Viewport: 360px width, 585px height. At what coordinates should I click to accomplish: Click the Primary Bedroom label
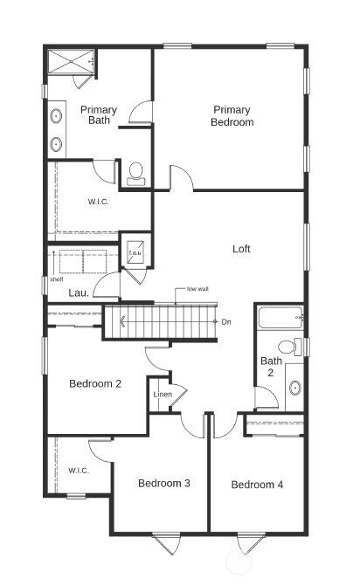[x=232, y=116]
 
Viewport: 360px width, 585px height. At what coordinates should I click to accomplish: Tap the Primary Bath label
[x=98, y=115]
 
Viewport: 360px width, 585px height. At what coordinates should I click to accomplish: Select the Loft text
[x=241, y=249]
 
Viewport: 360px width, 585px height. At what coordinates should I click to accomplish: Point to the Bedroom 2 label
[x=95, y=383]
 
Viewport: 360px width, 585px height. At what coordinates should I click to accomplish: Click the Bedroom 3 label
[x=164, y=484]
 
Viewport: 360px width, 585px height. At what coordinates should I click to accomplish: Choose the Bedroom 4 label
[x=257, y=485]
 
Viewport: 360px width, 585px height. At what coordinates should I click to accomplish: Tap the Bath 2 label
[x=271, y=367]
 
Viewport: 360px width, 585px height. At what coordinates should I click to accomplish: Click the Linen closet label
[x=163, y=395]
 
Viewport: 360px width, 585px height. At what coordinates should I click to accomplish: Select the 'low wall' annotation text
[x=197, y=289]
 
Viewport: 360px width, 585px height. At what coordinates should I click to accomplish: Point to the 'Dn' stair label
[x=225, y=322]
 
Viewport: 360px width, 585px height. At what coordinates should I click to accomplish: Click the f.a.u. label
[x=135, y=253]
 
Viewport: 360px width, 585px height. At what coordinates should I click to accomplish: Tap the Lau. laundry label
[x=79, y=293]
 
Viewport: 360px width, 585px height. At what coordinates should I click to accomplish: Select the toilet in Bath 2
[x=297, y=347]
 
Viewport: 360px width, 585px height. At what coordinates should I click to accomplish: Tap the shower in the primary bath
[x=70, y=64]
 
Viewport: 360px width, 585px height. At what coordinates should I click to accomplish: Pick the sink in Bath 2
[x=294, y=387]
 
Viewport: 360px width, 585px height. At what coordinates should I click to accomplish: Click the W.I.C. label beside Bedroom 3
[x=79, y=471]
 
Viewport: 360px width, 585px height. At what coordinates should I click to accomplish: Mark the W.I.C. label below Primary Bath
[x=98, y=202]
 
